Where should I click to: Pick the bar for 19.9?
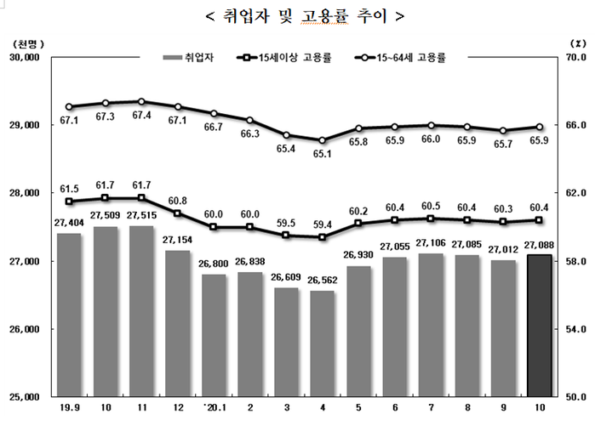tap(69, 314)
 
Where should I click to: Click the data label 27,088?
tap(542, 246)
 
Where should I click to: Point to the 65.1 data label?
tap(322, 154)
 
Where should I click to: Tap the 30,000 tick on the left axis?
tap(25, 58)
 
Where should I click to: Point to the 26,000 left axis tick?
tap(25, 329)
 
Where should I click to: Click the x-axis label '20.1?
tap(213, 408)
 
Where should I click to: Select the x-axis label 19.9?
tap(69, 408)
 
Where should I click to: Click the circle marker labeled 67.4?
tap(141, 101)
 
